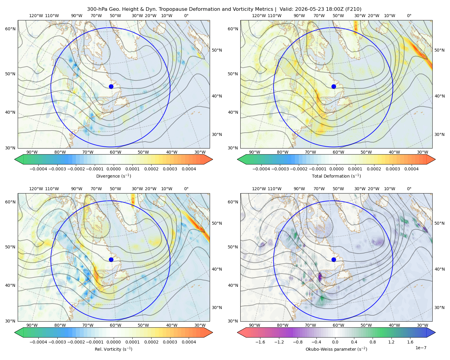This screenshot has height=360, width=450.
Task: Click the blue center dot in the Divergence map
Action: tap(111, 86)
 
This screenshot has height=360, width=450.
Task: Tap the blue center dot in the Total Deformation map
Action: tap(334, 86)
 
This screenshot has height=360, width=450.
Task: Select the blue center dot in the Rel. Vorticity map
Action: tap(111, 259)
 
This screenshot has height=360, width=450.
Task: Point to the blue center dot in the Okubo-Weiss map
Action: tap(334, 259)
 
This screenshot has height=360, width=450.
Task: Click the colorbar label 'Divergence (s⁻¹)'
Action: tap(113, 176)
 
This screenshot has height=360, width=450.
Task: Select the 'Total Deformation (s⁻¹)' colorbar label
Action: tap(336, 176)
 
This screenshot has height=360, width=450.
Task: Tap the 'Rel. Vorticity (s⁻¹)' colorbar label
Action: tap(113, 349)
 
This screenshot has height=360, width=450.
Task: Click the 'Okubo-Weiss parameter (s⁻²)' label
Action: tap(336, 349)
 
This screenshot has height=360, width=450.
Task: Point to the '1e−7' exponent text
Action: tap(421, 348)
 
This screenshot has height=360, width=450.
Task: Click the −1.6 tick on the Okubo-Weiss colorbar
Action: tap(260, 342)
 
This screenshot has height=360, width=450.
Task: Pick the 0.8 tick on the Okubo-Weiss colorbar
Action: tap(373, 342)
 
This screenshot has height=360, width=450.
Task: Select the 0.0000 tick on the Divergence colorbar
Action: tap(113, 169)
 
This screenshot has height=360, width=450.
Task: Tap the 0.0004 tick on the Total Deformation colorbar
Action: tap(411, 169)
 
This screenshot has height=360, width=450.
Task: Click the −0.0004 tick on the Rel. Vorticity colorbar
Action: tap(38, 342)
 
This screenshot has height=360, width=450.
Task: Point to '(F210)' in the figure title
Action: tap(354, 9)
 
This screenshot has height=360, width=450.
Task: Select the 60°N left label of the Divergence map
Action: tap(10, 29)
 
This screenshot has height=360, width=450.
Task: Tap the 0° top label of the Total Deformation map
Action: tap(409, 16)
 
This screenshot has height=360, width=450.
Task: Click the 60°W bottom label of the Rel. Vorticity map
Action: tap(115, 325)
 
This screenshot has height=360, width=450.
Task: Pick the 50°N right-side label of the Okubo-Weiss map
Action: tap(439, 223)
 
